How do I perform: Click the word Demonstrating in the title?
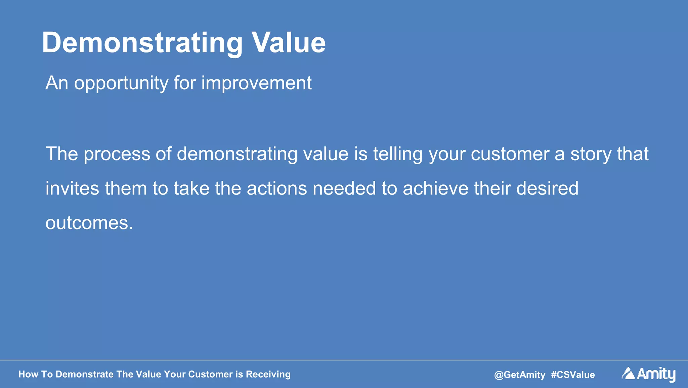(x=142, y=43)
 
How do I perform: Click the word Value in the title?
(x=289, y=43)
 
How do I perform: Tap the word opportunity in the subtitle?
(x=121, y=83)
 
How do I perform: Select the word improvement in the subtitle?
(x=256, y=83)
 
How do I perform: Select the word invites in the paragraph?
(x=72, y=188)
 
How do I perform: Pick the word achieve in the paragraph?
(x=435, y=188)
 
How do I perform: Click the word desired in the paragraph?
(x=547, y=188)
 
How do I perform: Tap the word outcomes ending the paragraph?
(x=89, y=223)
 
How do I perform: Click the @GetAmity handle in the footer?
(x=520, y=375)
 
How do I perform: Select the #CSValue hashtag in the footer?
(x=573, y=375)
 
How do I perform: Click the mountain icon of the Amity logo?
(x=628, y=374)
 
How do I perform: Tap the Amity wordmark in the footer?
(x=656, y=374)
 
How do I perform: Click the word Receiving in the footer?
(x=268, y=374)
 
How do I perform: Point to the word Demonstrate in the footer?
(x=84, y=374)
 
